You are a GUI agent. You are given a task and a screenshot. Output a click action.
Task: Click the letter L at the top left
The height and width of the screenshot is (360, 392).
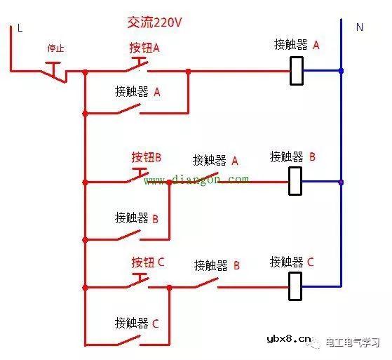(20, 28)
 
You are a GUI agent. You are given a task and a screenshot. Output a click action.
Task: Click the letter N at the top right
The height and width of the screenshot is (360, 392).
(360, 27)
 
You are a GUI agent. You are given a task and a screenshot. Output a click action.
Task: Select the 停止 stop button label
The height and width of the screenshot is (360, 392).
(55, 48)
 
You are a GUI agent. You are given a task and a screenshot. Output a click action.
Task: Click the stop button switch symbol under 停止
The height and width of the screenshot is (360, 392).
(56, 70)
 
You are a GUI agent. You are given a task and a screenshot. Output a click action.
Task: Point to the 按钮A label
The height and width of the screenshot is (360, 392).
(144, 48)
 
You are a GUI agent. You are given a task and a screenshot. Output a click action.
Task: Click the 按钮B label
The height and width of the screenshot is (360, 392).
(146, 157)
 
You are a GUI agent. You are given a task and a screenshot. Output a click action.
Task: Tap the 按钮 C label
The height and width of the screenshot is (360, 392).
(147, 262)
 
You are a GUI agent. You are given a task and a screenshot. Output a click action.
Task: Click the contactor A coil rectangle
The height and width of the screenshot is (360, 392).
(297, 71)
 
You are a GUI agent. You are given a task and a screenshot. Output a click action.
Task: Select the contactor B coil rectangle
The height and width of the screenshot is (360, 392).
(296, 181)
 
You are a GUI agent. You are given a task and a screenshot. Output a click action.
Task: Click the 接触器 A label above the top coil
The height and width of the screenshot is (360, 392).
(296, 45)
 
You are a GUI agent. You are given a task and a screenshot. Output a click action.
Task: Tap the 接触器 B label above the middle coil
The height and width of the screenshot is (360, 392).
(292, 156)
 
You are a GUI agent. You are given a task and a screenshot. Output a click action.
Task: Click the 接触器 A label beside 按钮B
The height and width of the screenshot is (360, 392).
(215, 161)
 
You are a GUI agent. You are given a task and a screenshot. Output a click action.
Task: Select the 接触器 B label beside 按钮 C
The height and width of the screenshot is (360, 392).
(217, 265)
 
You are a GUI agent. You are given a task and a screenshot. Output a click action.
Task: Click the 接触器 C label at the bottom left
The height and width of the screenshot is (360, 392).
(137, 323)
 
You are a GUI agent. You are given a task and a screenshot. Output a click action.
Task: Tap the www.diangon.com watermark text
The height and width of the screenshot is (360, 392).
(196, 180)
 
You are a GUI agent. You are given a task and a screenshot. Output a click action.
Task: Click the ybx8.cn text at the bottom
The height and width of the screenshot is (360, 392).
(289, 340)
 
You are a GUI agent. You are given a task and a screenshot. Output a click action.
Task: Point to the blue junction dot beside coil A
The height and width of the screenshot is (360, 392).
(341, 71)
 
